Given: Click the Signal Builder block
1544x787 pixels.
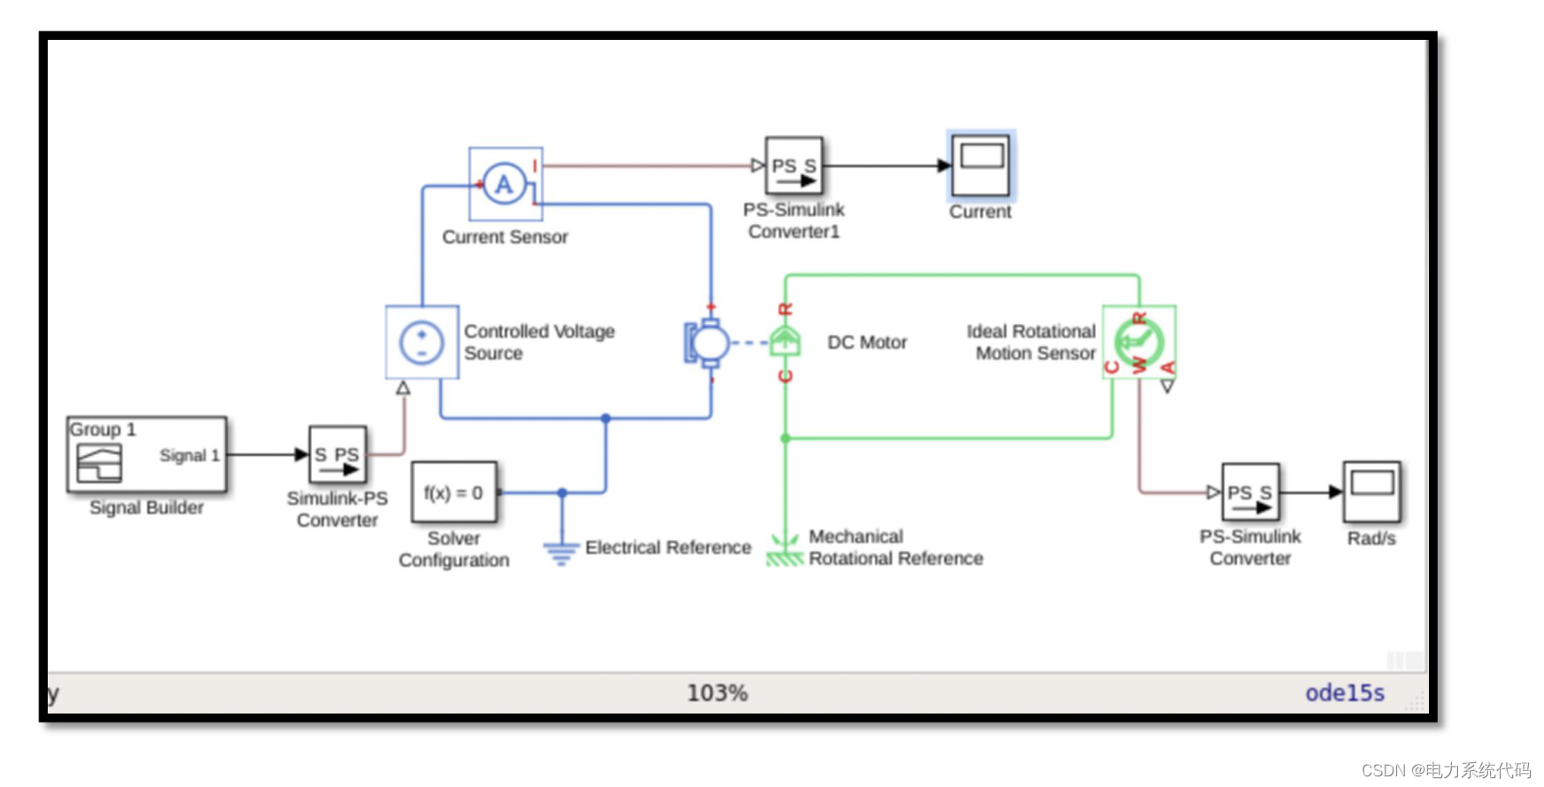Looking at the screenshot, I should [147, 455].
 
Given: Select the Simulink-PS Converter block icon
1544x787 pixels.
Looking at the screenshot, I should [337, 454].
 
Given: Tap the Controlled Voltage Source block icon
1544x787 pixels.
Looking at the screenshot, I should [422, 343].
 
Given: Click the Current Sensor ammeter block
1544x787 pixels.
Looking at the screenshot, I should [505, 184].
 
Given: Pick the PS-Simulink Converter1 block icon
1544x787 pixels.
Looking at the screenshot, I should [793, 166].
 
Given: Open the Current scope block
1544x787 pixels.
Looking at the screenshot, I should [981, 166].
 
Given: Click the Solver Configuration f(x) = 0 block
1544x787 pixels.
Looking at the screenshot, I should [454, 492].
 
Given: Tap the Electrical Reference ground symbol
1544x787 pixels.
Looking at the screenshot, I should [561, 552].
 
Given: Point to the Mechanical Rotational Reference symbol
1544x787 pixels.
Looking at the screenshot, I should [785, 550].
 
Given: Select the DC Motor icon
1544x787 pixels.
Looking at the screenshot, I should [708, 343].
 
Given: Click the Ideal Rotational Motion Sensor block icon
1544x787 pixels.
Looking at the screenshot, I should [1139, 343].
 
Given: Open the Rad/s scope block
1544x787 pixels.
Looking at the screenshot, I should [1371, 492].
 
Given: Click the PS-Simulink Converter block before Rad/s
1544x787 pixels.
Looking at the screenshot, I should [1250, 492].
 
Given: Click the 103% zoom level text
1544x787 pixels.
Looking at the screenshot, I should [717, 693].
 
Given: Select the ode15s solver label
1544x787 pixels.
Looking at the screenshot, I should [1344, 693].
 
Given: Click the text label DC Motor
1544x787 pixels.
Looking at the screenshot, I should [867, 343].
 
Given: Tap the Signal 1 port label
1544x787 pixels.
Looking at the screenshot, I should [189, 455].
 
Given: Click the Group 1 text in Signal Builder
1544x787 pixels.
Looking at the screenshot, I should [103, 429].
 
